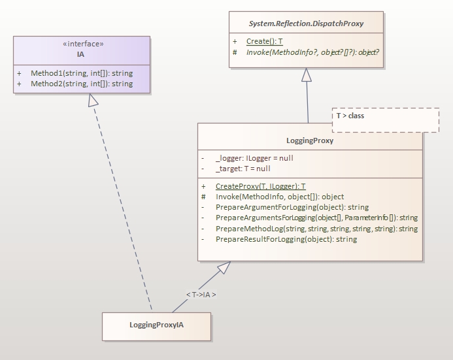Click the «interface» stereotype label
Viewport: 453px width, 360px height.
[82, 44]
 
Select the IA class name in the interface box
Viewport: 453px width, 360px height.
[81, 54]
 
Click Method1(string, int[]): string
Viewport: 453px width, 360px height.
[82, 73]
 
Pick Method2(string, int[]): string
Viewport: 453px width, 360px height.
[82, 84]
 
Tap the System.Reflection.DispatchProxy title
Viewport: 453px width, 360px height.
[306, 24]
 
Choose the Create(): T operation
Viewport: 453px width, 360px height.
[264, 41]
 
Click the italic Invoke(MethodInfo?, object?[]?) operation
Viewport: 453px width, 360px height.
[312, 52]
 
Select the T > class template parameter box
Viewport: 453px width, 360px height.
[385, 120]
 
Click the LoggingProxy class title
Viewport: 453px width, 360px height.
[309, 140]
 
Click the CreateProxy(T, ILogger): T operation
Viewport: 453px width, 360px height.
[260, 186]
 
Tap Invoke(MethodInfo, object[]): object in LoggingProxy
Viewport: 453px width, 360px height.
[279, 197]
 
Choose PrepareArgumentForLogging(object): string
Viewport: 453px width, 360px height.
[292, 207]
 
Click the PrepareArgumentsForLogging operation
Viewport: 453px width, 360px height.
[316, 218]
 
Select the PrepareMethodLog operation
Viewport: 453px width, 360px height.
[316, 229]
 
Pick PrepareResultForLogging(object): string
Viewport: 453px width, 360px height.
[286, 239]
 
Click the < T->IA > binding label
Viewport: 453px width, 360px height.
[201, 295]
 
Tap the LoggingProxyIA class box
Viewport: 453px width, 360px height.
[156, 326]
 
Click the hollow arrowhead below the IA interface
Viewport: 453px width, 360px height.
[93, 99]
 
